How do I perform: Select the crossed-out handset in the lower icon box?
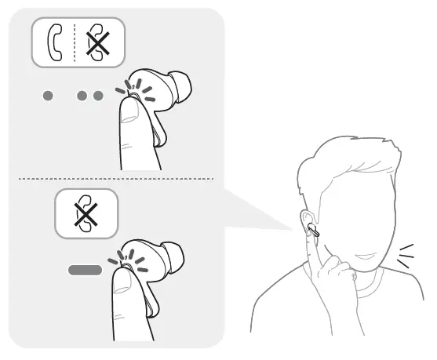pyautogui.click(x=86, y=214)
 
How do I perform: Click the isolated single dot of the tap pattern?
pyautogui.click(x=49, y=96)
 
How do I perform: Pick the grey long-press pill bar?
pyautogui.click(x=85, y=270)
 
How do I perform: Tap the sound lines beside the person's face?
pyautogui.click(x=406, y=255)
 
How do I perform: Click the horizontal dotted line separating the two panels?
pyautogui.click(x=118, y=179)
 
